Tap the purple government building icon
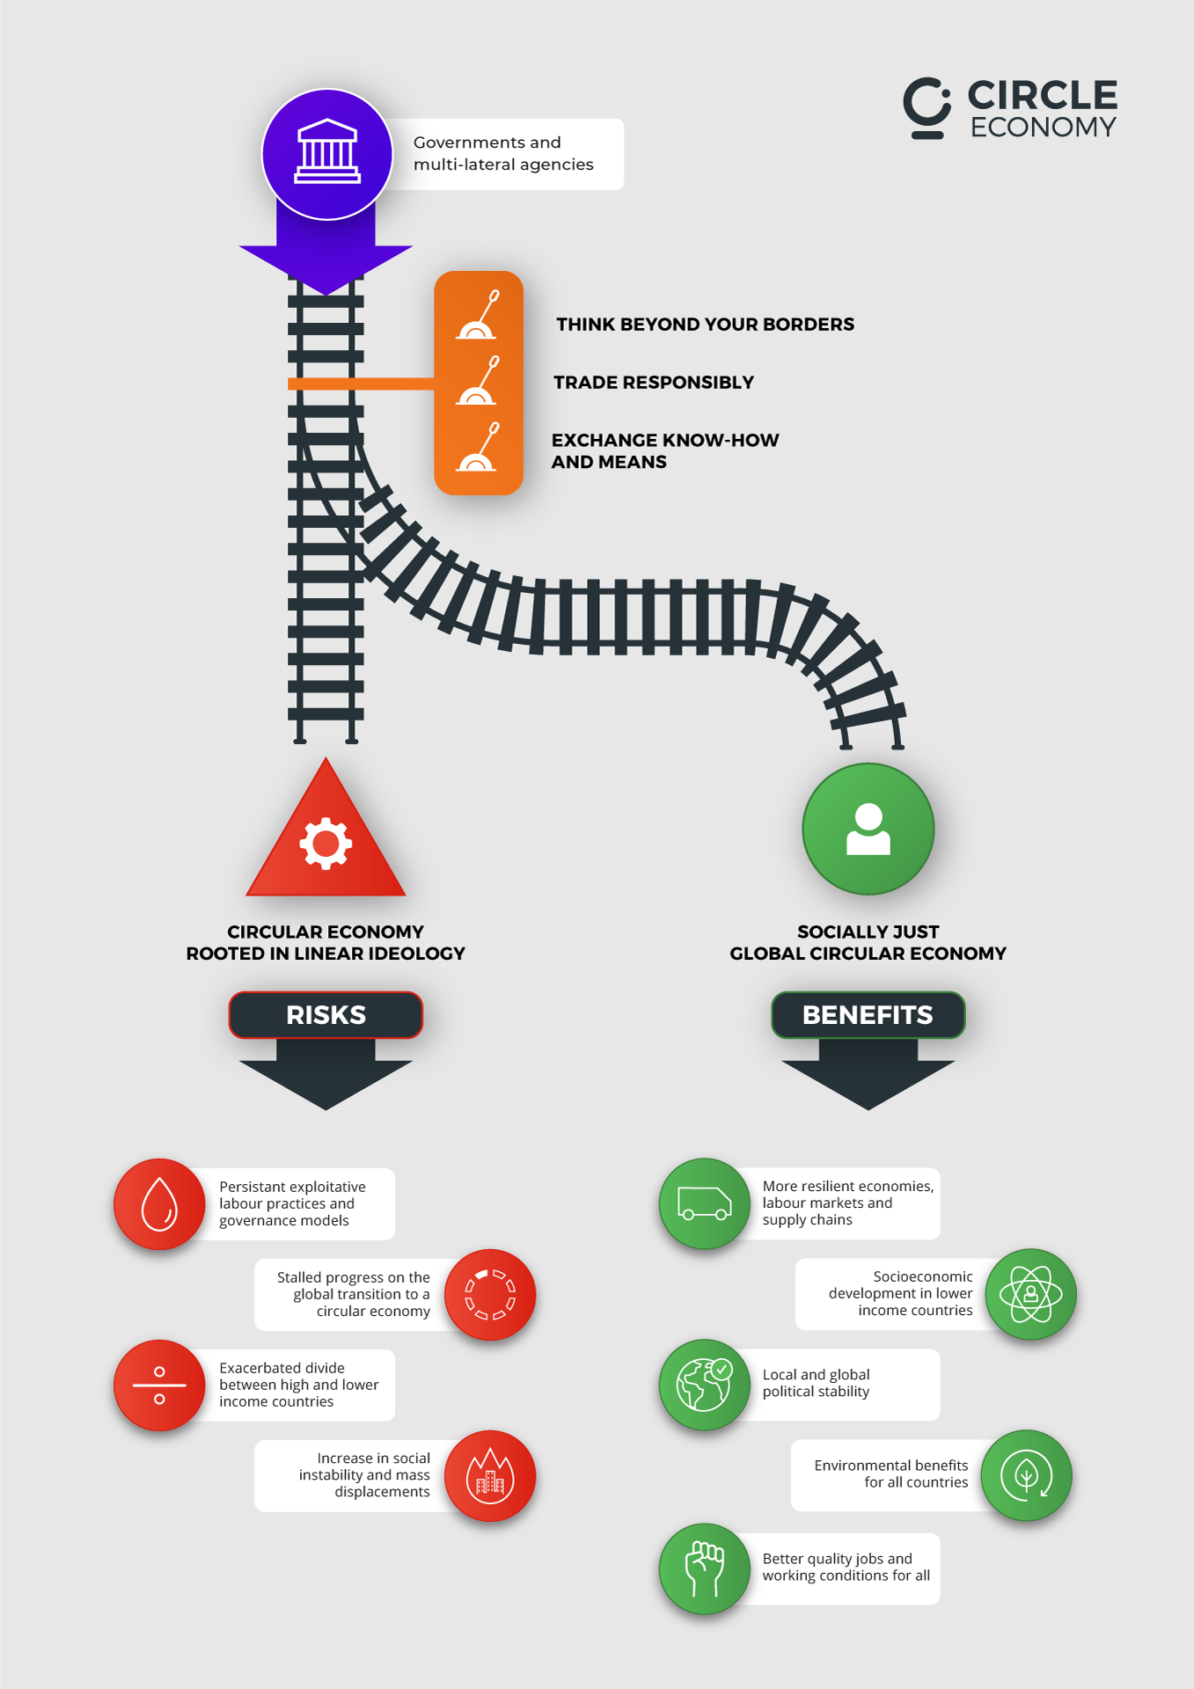327,154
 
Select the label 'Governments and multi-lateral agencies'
503,154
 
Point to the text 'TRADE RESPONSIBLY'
654,383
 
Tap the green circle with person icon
868,829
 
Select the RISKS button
326,1015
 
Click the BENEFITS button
868,1015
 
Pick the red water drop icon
159,1203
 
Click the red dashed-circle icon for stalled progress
490,1295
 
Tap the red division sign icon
159,1385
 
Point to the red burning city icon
490,1475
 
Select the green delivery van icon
705,1203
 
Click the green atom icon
1030,1294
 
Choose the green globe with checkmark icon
705,1384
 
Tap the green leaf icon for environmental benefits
1026,1475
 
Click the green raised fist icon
705,1568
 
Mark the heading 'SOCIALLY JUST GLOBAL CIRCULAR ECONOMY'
868,943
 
